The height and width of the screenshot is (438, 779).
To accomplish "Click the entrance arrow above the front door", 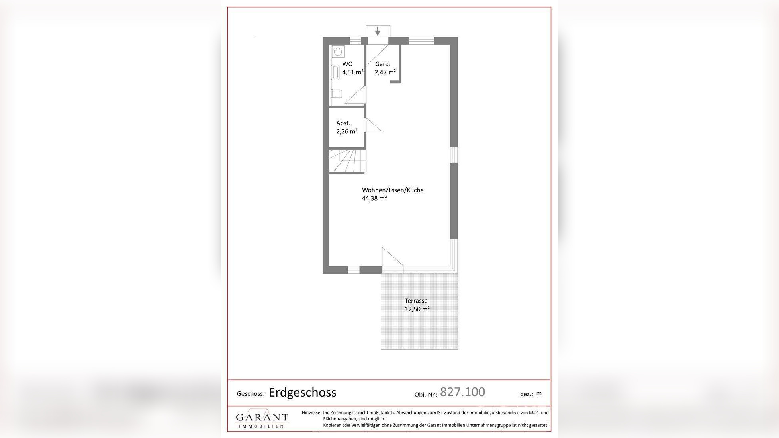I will pos(378,31).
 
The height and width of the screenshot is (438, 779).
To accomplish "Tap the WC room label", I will pos(347,64).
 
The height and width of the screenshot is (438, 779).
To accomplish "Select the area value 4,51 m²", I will pos(352,72).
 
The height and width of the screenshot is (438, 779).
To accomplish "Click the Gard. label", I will pos(382,64).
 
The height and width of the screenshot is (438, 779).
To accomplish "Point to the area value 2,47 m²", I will pos(385,72).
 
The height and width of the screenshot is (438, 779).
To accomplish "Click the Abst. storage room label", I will pos(343,123).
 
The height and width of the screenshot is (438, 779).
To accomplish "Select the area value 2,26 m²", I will pos(346,131).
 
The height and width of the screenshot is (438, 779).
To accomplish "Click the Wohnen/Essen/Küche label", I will pos(392,190).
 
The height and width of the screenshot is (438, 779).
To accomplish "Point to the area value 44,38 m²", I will pos(374,198).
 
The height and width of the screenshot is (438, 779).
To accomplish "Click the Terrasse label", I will pos(416,301).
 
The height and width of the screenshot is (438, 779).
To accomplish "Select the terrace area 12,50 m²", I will pos(417,309).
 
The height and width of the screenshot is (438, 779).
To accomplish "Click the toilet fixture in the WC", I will pos(337,94).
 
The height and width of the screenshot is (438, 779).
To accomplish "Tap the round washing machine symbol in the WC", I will pos(338,52).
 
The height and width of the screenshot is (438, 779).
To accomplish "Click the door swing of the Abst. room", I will pos(373,126).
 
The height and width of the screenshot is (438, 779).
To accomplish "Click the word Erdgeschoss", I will pos(302,392).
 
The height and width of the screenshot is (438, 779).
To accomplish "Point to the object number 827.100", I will pos(462,392).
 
